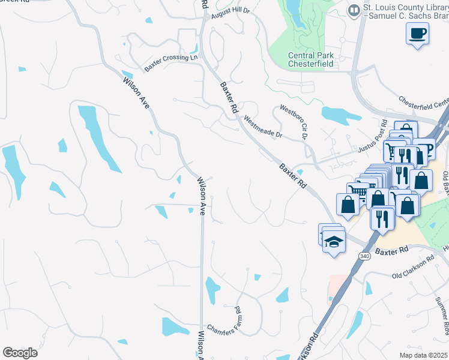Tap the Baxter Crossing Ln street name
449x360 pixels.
(173, 57)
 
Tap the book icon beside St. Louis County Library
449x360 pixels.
(354, 10)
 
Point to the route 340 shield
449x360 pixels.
(364, 256)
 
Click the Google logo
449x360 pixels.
(20, 353)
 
